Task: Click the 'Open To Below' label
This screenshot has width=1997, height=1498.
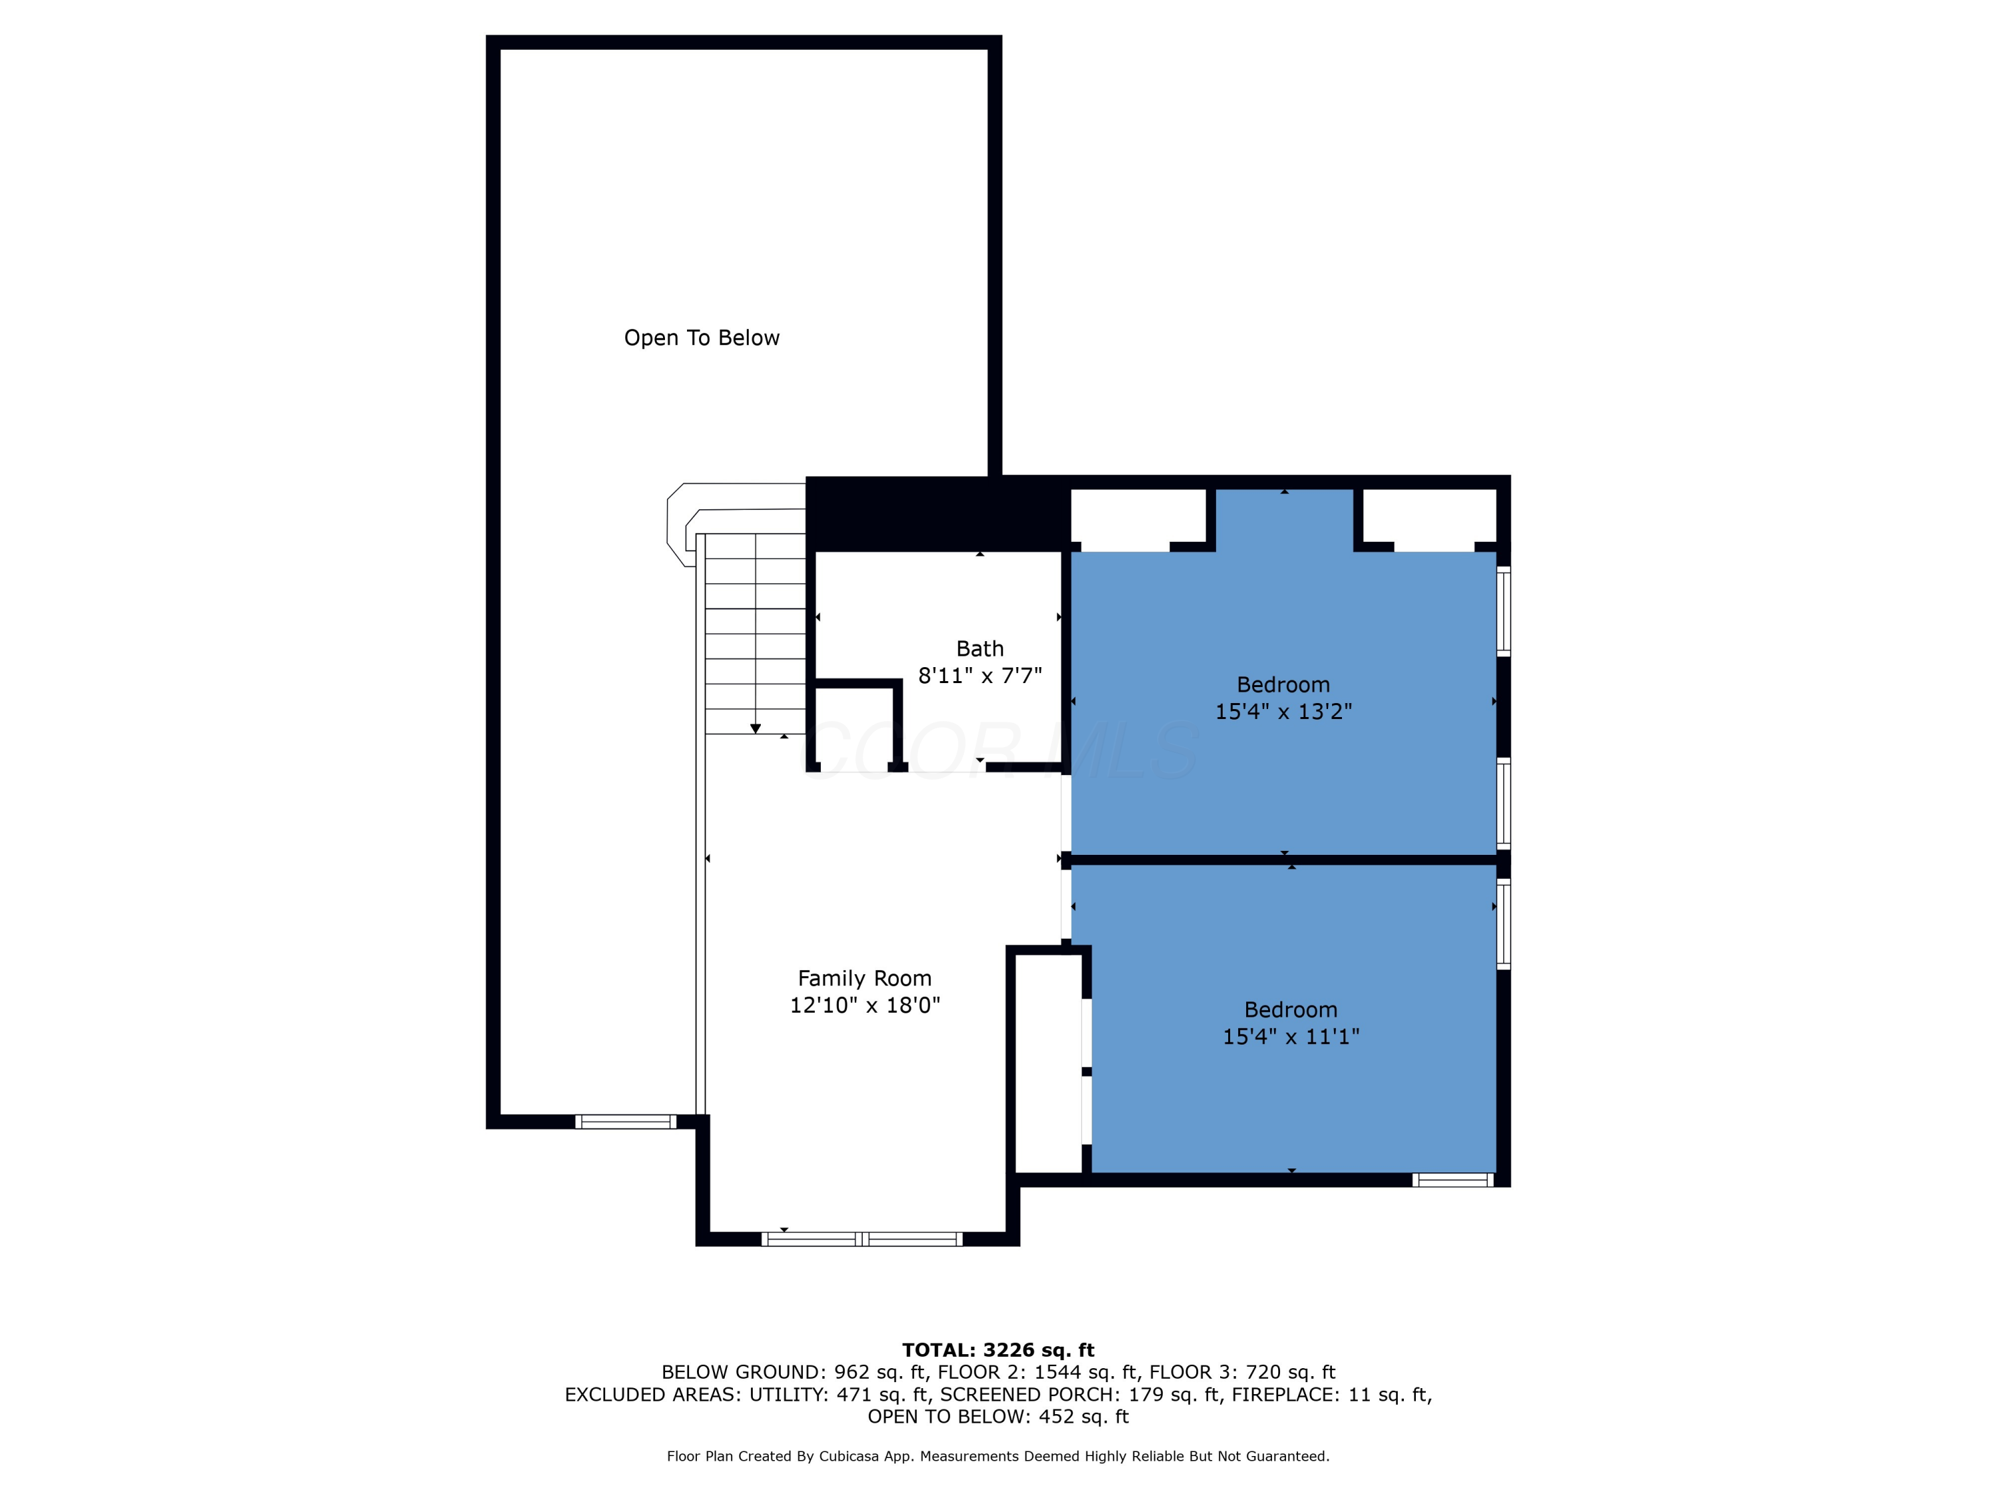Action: [702, 338]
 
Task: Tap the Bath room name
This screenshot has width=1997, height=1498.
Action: [980, 648]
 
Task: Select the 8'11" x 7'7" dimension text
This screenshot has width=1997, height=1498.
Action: [980, 675]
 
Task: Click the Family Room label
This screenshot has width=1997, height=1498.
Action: [864, 978]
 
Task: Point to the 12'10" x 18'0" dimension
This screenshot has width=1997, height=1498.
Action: [865, 1005]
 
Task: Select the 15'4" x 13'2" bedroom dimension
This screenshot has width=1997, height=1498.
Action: [1283, 712]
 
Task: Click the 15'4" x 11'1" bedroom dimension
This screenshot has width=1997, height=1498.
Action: [1291, 1037]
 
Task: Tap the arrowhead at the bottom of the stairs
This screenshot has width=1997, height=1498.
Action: [756, 728]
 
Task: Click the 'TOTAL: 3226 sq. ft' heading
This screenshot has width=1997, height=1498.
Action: [998, 1350]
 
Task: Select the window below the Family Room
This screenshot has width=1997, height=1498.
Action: [862, 1239]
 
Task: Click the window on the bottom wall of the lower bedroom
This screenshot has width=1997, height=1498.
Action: [1452, 1179]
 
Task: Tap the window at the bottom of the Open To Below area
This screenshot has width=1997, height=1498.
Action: [626, 1121]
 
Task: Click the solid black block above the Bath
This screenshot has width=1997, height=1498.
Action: [938, 514]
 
